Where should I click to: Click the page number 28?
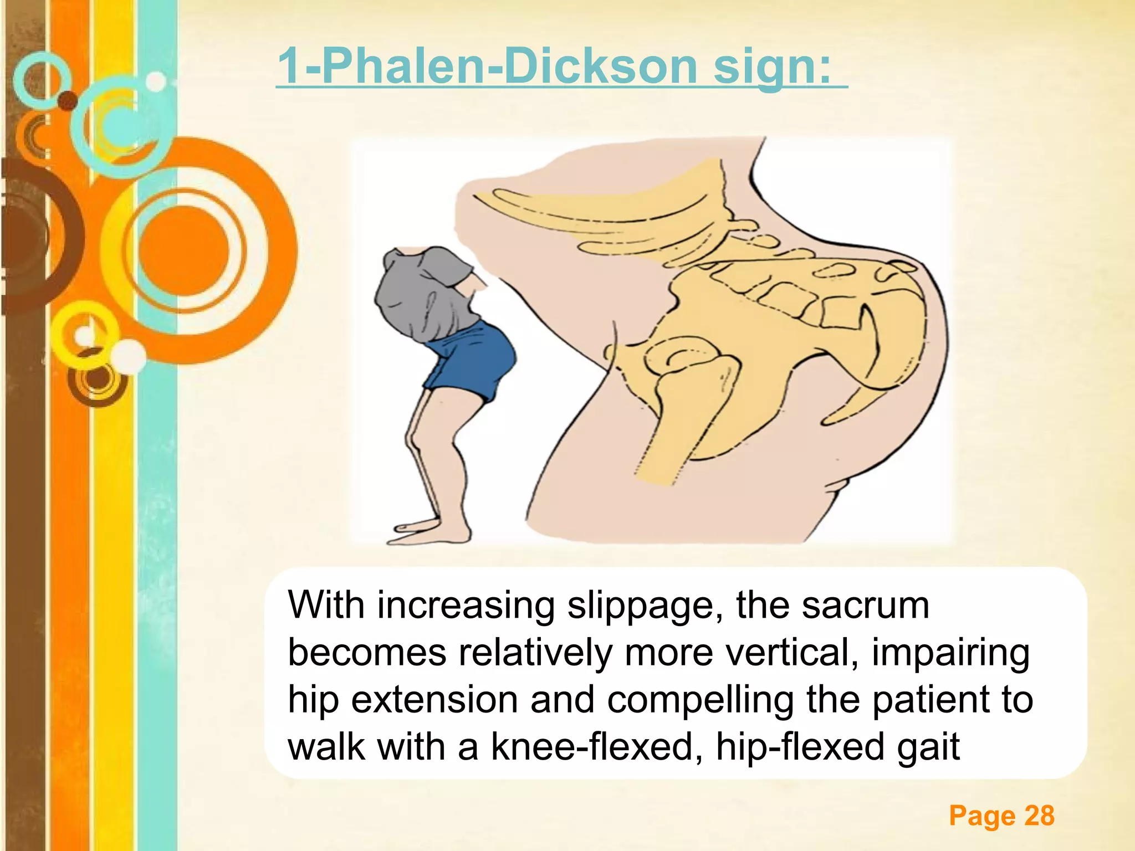click(x=1039, y=816)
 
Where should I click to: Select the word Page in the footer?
click(x=981, y=816)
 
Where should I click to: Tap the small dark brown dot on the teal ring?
click(x=68, y=101)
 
